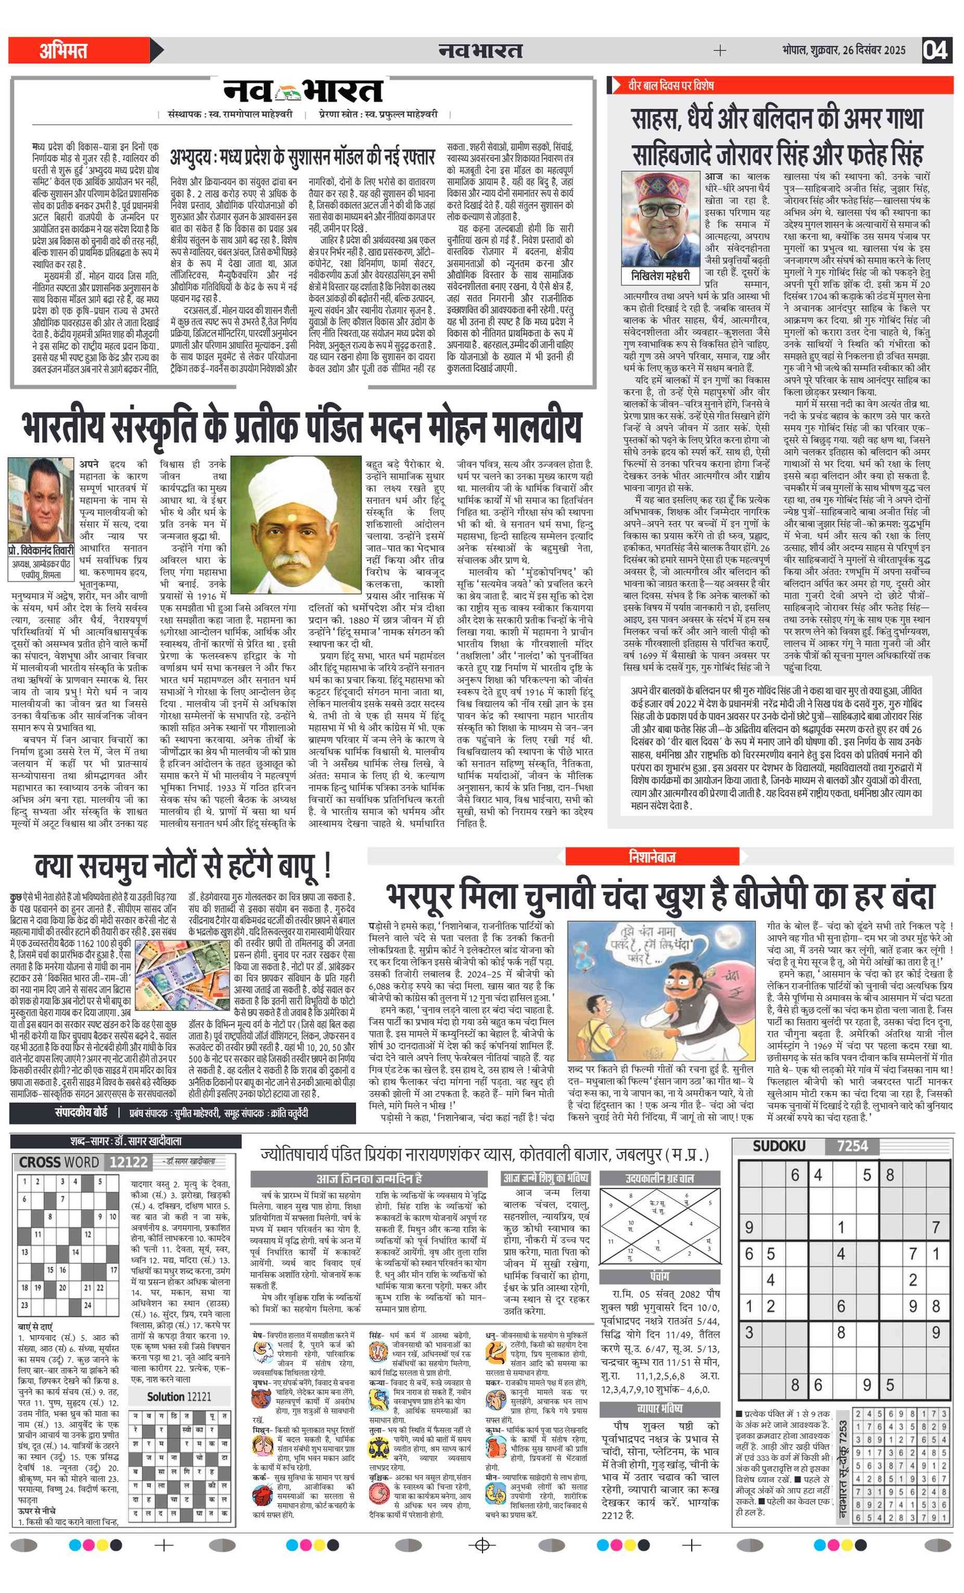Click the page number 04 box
[x=935, y=50]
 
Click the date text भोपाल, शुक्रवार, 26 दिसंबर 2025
[x=843, y=51]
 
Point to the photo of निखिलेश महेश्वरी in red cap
[x=661, y=219]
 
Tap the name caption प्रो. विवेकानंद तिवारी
[x=41, y=551]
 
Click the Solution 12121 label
[x=179, y=1397]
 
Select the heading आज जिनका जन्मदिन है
[x=369, y=1178]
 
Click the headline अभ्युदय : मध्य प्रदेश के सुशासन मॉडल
[x=302, y=157]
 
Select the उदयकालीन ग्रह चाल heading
[x=660, y=1178]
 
